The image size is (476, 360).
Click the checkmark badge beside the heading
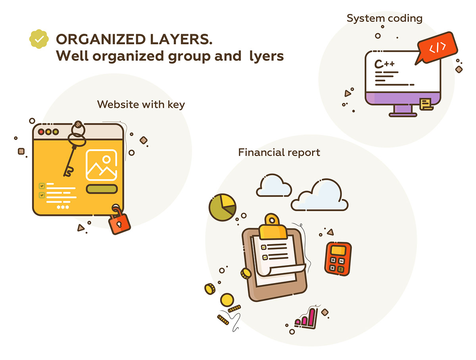(x=39, y=39)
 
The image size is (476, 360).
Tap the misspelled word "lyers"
(x=267, y=56)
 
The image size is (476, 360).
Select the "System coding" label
(x=384, y=18)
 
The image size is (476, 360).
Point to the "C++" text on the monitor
(x=385, y=64)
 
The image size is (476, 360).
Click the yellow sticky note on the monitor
(x=426, y=104)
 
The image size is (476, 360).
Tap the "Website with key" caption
(x=141, y=104)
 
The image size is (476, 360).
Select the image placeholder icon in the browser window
(x=101, y=165)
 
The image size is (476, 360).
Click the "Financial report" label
(x=279, y=152)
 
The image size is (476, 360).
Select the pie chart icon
(x=222, y=206)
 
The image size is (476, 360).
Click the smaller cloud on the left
(x=273, y=185)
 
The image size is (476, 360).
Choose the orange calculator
(x=338, y=258)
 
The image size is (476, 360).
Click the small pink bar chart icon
(x=306, y=318)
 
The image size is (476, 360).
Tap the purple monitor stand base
(x=403, y=114)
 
